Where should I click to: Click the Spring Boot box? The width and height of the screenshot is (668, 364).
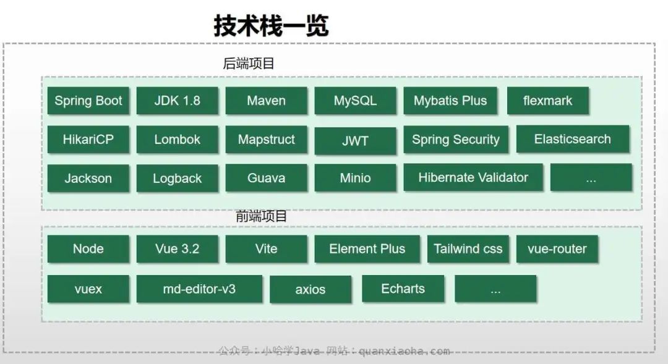coord(88,101)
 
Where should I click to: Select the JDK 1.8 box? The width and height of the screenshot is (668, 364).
coord(178,101)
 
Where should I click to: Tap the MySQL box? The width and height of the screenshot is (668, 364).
coord(355,101)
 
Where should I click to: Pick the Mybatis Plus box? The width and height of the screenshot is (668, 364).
coord(450,101)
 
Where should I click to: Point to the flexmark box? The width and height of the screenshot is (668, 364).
coord(547,101)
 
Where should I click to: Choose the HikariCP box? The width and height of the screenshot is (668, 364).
coord(88,140)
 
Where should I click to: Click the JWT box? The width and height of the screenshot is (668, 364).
coord(355,141)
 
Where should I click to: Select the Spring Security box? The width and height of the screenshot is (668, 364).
coord(456,140)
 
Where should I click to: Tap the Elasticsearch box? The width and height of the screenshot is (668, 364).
coord(573,139)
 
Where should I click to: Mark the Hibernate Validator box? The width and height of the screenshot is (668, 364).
coord(473,177)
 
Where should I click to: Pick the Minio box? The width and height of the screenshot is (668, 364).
coord(355,178)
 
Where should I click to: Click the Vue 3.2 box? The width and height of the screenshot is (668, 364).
coord(178,249)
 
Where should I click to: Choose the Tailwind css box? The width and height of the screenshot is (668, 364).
coord(468,249)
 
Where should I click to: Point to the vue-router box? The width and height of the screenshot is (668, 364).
coord(557,249)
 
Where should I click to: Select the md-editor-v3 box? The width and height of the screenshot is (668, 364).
coord(199,289)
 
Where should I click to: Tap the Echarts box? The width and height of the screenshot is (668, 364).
coord(403,289)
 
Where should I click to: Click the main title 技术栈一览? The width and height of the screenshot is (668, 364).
coord(271,26)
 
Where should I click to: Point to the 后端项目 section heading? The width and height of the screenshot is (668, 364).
coord(249,64)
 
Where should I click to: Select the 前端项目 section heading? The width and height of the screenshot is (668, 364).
coord(262,216)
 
